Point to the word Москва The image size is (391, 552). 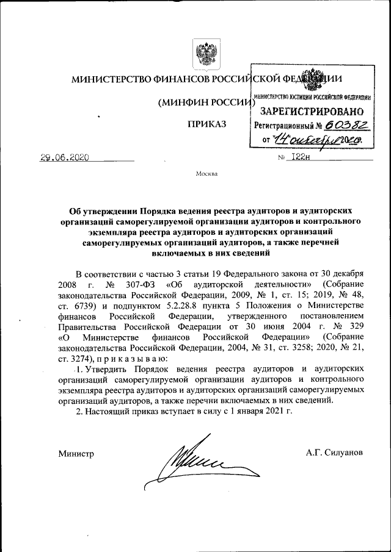tap(206, 174)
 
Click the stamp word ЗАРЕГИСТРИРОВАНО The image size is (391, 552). tap(312, 112)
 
